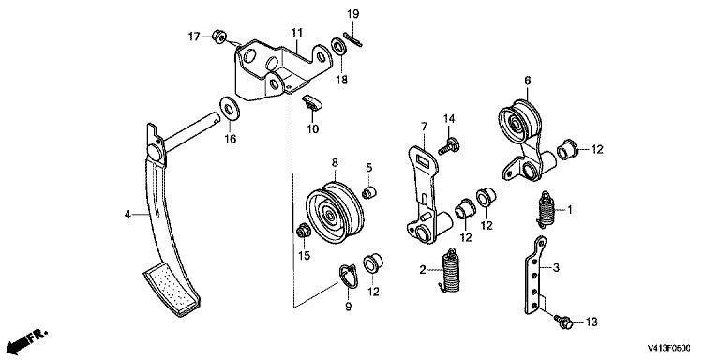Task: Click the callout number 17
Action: pyautogui.click(x=193, y=36)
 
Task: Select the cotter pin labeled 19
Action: pyautogui.click(x=353, y=39)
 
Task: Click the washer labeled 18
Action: pyautogui.click(x=339, y=47)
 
